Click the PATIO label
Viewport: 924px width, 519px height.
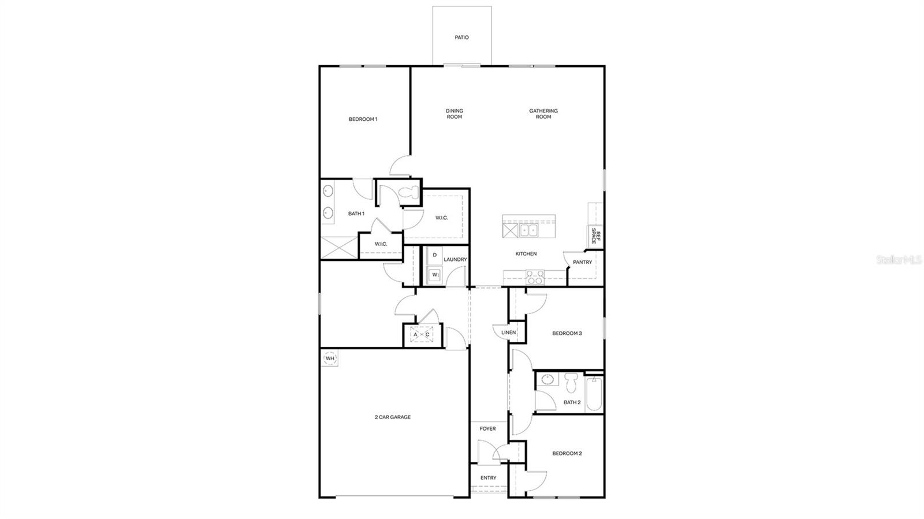[x=461, y=38]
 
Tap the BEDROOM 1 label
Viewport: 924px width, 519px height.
[x=363, y=120]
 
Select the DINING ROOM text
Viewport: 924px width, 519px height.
[x=454, y=114]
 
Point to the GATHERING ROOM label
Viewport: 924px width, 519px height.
[x=543, y=114]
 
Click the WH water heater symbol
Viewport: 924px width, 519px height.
[x=330, y=359]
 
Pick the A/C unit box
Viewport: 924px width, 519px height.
[x=422, y=335]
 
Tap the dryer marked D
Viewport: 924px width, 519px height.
[x=434, y=255]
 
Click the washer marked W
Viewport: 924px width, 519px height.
[x=434, y=275]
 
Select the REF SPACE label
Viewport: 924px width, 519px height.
[x=595, y=237]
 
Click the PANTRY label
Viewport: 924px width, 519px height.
[x=582, y=262]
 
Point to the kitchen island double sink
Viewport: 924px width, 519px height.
[x=528, y=231]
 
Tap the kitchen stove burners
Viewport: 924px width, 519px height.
[x=535, y=278]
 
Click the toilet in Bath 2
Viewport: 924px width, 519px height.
[x=572, y=382]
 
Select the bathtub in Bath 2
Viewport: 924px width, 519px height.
[x=594, y=394]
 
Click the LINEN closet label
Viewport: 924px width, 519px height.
[x=508, y=333]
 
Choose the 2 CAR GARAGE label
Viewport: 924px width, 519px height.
[x=393, y=417]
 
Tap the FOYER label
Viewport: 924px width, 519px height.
[x=487, y=429]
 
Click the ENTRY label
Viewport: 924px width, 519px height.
[x=488, y=478]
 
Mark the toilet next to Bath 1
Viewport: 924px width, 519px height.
[x=409, y=195]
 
